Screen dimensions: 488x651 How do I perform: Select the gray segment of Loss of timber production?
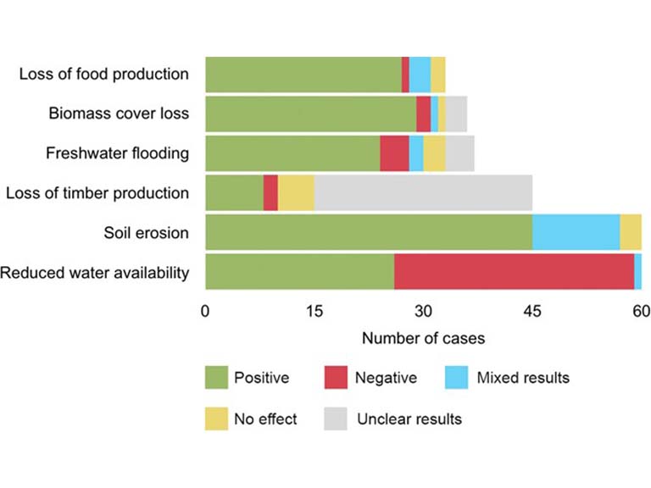[x=423, y=193]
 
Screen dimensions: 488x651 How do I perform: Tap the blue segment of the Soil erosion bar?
[x=576, y=232]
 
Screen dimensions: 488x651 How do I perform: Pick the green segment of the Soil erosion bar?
[x=369, y=232]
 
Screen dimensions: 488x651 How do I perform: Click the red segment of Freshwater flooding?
[x=394, y=153]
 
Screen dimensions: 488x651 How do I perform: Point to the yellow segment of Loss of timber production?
[x=296, y=193]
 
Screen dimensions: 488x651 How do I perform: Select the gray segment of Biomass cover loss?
[x=456, y=114]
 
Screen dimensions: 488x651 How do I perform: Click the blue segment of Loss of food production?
[x=420, y=75]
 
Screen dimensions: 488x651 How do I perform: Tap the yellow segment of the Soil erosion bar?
[x=631, y=232]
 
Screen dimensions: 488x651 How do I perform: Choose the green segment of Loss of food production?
[x=303, y=75]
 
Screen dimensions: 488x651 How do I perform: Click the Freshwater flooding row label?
[x=117, y=153]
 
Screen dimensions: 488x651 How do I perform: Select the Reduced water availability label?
[x=95, y=272]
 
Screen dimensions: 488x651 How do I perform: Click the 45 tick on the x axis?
[x=532, y=311]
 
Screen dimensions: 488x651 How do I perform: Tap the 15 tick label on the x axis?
[x=314, y=311]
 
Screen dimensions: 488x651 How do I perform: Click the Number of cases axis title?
[x=423, y=338]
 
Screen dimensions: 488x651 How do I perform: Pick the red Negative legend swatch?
[x=337, y=378]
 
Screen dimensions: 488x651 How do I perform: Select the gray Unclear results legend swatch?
[x=337, y=419]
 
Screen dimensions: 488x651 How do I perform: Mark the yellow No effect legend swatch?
[x=215, y=419]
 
